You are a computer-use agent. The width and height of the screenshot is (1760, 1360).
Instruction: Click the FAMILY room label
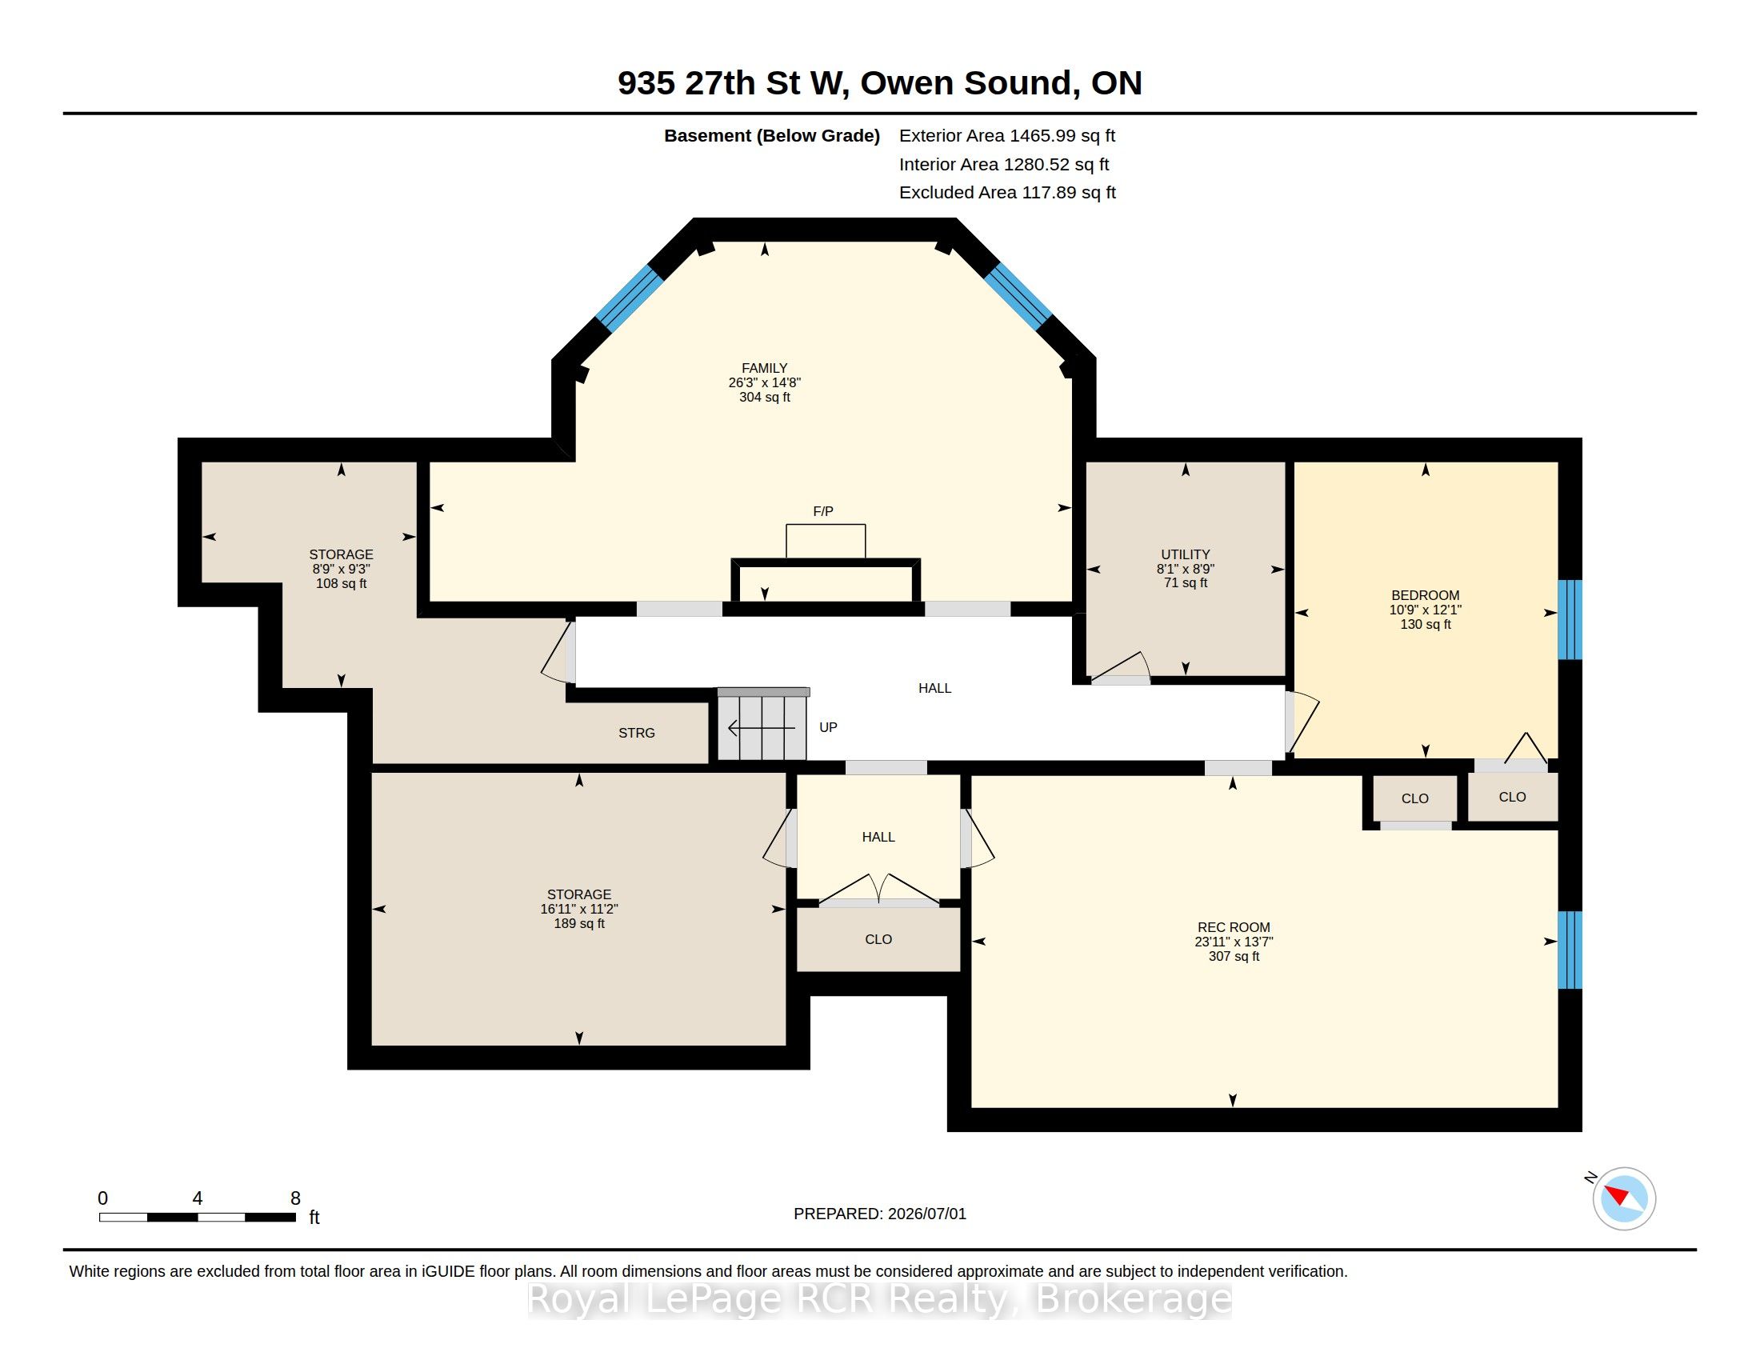[764, 368]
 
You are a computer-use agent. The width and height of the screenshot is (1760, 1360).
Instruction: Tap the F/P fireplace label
[822, 512]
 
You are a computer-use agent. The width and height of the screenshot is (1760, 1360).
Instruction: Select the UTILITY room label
[1186, 554]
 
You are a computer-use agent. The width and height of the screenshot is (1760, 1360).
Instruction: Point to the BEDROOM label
[1425, 595]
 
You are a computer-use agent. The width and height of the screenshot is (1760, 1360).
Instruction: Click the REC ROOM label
[1234, 927]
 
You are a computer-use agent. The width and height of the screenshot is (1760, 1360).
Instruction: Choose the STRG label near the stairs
[637, 733]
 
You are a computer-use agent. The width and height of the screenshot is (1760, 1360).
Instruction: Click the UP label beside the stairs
[829, 727]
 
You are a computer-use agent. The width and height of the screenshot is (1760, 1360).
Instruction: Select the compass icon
[1624, 1198]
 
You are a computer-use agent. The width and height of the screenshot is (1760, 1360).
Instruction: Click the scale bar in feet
[198, 1218]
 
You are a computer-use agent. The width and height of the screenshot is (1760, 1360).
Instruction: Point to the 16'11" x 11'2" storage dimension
[578, 909]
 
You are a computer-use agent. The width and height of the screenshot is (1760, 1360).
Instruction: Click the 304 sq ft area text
[764, 398]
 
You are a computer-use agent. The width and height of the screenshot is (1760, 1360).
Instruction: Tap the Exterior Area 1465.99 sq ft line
[1007, 136]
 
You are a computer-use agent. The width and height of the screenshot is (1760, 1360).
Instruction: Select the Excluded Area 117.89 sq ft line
[1007, 193]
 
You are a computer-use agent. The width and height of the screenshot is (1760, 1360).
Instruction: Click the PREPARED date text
[880, 1214]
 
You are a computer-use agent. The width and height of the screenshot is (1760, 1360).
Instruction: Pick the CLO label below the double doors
[878, 939]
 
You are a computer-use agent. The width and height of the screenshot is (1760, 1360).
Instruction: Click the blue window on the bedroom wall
[1570, 619]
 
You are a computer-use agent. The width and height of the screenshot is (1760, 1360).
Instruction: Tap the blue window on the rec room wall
[1570, 950]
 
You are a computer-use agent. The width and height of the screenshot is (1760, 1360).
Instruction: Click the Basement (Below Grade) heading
[771, 136]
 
